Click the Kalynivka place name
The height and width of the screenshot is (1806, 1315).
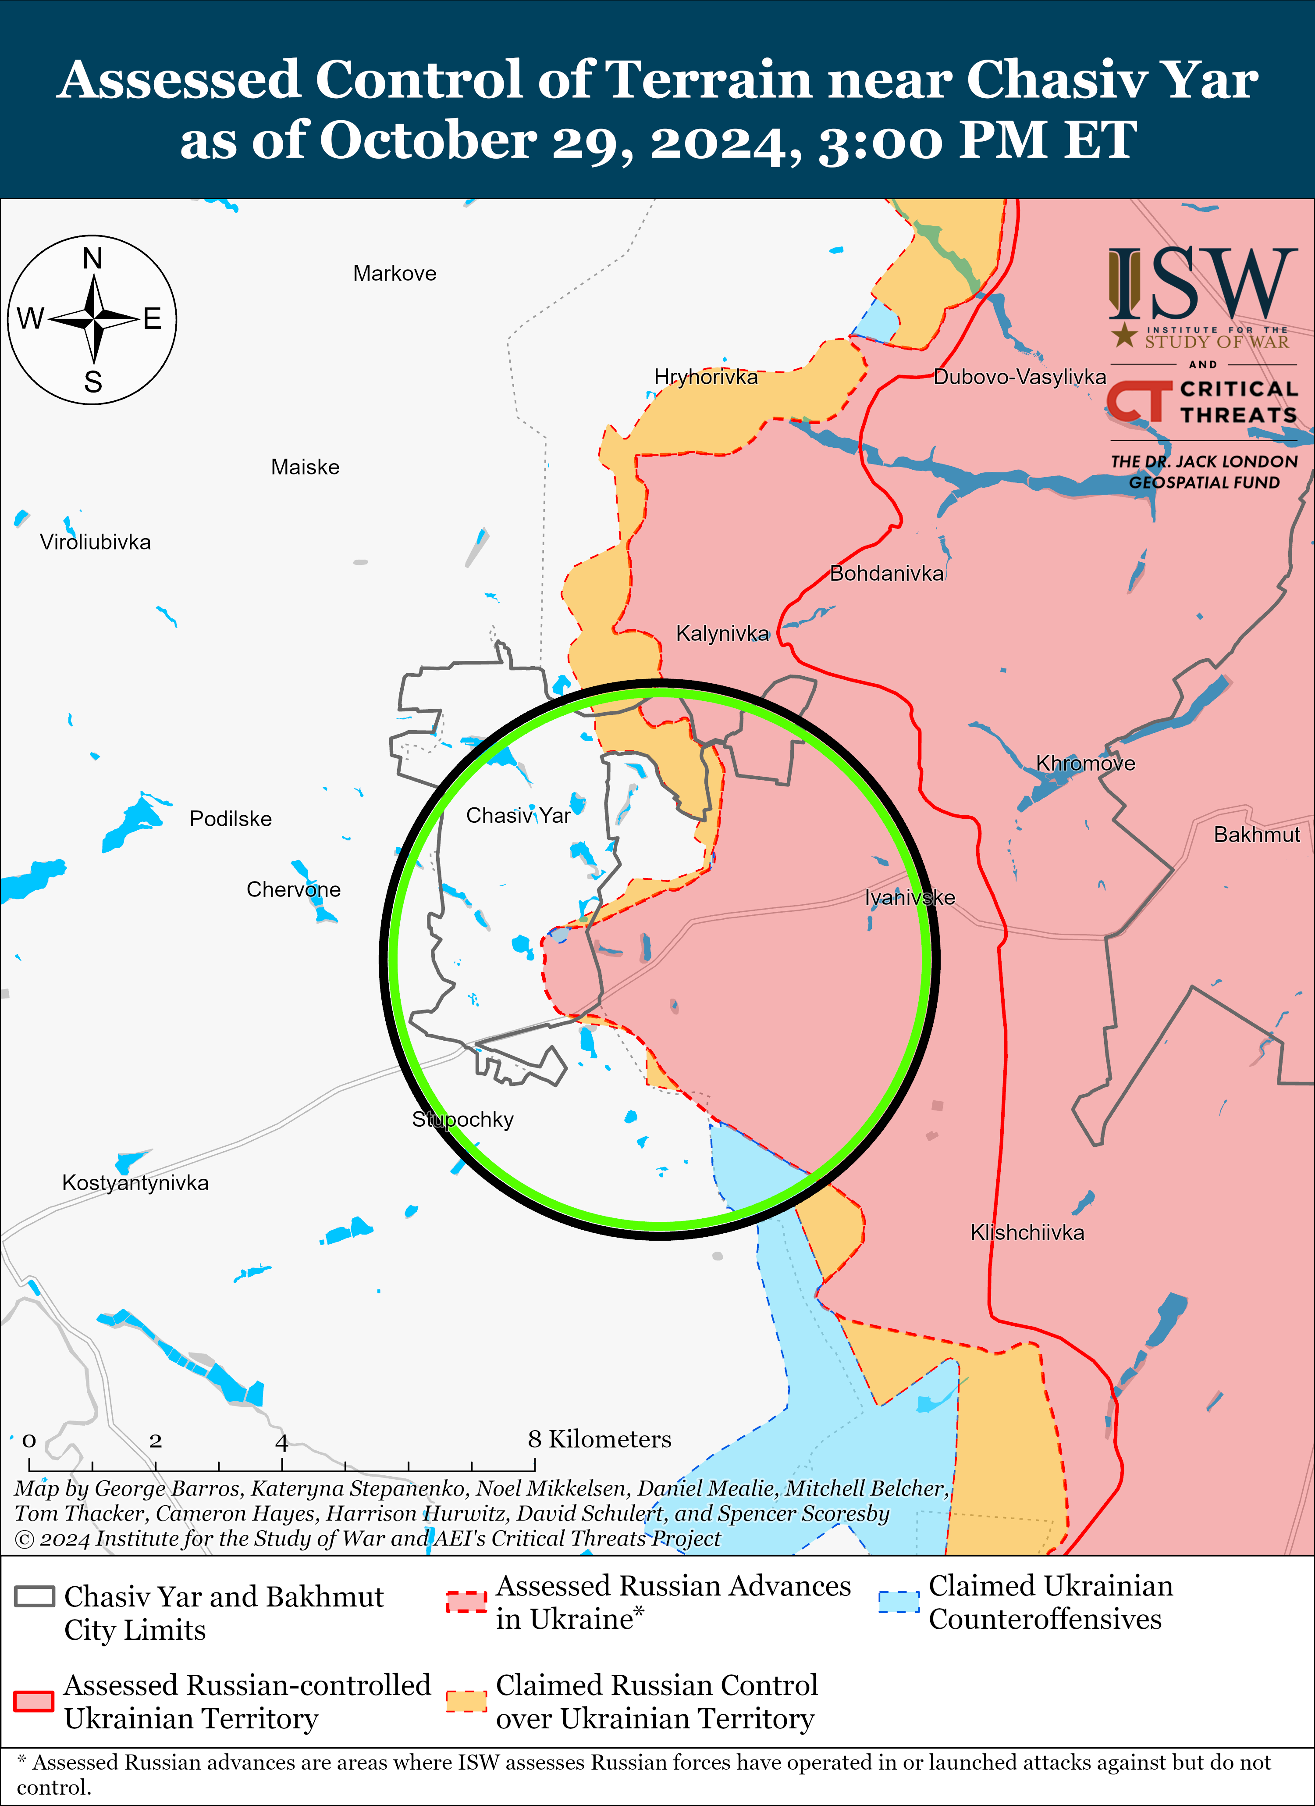pos(722,634)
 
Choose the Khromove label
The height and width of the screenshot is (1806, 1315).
pos(1085,764)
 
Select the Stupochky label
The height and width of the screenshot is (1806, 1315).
pos(462,1120)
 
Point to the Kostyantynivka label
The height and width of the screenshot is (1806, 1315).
pos(135,1183)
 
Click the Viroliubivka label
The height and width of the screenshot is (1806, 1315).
pos(95,542)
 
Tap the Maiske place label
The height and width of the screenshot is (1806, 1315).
pos(305,468)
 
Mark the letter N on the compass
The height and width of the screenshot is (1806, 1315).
pos(92,259)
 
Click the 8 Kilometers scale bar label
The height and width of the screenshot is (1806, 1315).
pos(599,1440)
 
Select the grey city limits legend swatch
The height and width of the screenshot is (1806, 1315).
pos(34,1596)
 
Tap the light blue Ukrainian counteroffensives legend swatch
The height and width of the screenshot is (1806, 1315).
pos(899,1601)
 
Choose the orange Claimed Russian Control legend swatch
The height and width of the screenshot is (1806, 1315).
pos(466,1700)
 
